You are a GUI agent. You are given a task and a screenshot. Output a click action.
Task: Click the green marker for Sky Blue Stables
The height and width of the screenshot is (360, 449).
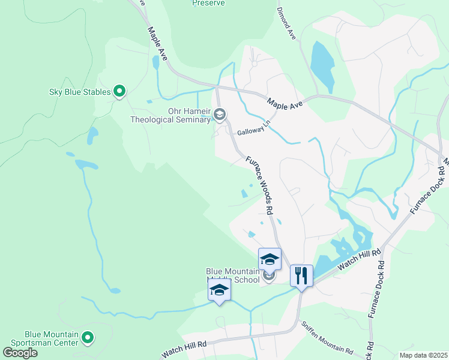coord(119,92)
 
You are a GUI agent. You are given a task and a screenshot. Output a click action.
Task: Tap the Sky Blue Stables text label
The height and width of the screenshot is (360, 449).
coord(80,92)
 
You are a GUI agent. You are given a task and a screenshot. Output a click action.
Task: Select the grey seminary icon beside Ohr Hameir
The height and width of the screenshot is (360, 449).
coord(220,114)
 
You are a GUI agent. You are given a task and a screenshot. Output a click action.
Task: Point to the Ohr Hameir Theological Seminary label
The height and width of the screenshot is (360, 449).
coord(171,115)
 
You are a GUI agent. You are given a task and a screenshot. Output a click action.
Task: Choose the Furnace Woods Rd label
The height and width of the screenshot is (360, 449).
coord(260,185)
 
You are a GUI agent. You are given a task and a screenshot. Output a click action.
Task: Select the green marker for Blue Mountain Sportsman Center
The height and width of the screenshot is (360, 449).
coord(88,338)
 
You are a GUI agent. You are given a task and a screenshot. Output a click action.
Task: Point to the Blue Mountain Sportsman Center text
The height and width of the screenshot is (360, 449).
coord(51,338)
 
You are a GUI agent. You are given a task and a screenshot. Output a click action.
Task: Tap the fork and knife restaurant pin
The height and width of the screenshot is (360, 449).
coord(301,276)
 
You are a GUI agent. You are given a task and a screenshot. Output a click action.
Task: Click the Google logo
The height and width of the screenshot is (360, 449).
coord(20,353)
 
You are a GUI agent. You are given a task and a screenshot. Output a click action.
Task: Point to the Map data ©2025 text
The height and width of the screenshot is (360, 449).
coord(419,355)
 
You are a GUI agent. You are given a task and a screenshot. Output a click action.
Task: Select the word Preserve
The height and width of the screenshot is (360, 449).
coord(208,3)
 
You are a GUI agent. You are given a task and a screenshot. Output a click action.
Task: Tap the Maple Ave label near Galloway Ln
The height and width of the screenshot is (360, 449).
coord(284,103)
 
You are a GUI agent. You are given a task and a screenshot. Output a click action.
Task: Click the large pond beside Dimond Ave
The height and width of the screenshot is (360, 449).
coord(322,65)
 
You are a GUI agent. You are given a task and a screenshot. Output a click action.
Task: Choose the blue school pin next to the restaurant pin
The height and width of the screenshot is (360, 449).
coord(270,260)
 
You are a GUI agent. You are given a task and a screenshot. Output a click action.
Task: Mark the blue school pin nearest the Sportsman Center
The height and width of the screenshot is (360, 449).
coord(219,291)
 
